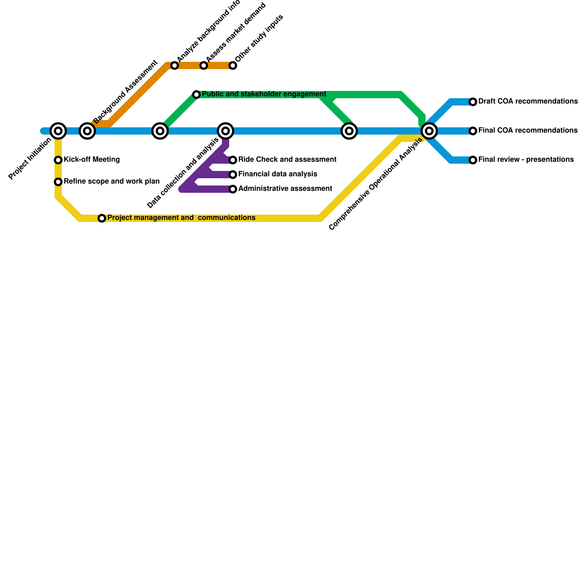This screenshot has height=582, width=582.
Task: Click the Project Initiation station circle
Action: coord(58,131)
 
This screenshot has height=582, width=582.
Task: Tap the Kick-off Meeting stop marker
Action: coord(58,160)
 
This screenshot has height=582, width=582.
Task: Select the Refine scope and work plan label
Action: coord(111,182)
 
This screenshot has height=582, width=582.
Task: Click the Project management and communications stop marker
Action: coord(102,218)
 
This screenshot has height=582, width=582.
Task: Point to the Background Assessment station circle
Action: coord(87,131)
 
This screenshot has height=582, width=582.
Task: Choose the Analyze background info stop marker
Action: coord(175,65)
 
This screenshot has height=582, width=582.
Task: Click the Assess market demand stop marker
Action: coord(204,65)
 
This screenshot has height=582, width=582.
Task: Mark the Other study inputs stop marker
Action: coord(233,65)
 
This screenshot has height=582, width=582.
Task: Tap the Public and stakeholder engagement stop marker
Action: coord(196,95)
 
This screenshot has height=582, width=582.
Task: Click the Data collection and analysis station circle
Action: coord(226,131)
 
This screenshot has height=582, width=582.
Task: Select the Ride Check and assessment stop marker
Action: coord(233,160)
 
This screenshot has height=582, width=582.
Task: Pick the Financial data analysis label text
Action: coord(278,174)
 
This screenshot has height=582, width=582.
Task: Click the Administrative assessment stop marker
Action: coord(233,189)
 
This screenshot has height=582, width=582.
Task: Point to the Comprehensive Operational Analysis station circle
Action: coord(429,131)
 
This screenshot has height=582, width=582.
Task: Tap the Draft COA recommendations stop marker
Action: coord(473,102)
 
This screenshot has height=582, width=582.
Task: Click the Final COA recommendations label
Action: coord(528,131)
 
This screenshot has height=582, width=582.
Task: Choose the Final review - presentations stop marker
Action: coord(473,160)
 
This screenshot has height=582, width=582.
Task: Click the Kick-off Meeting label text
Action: coord(92,160)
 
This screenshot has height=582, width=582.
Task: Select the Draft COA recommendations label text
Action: coord(528,101)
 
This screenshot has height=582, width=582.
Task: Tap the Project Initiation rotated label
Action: coord(30,159)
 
